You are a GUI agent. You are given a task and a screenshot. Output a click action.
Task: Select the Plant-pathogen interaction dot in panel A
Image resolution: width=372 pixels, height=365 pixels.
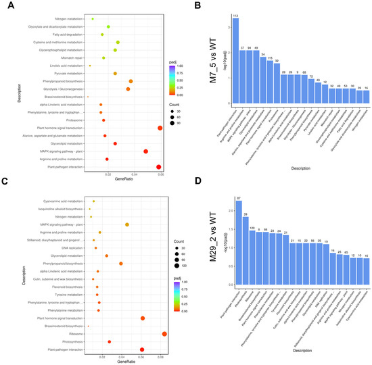pos(158,168)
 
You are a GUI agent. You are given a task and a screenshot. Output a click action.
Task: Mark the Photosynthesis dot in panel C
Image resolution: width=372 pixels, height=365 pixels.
pos(110,341)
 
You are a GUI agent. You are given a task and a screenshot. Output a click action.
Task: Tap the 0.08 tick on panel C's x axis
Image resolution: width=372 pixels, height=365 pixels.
pos(161,356)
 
